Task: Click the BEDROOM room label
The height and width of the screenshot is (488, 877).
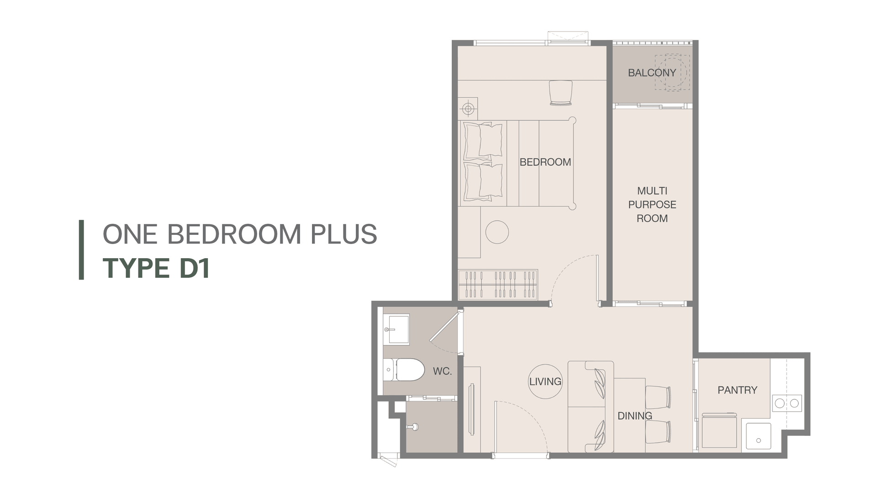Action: pos(545,162)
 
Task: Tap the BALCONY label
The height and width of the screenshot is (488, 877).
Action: pos(652,73)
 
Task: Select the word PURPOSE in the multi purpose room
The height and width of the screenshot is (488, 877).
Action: pos(652,205)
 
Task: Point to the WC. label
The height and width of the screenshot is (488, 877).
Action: pos(442,371)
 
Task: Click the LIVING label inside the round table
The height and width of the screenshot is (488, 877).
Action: pos(545,382)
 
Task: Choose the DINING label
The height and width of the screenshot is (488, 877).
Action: pos(635,416)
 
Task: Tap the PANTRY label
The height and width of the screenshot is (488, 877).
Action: pos(737,390)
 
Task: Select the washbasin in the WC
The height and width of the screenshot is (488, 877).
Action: pos(396,329)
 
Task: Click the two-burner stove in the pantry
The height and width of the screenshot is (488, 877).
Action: pos(787,403)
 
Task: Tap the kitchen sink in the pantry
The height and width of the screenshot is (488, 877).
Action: pos(759,436)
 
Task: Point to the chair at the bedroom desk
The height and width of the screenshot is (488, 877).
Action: pos(560,93)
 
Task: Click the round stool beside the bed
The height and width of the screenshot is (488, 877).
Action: pos(497,232)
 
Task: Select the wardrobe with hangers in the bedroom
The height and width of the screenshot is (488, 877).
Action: pos(498,285)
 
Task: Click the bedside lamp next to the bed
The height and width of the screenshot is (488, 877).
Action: pos(468,109)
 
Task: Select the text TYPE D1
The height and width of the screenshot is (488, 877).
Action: pos(156,268)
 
